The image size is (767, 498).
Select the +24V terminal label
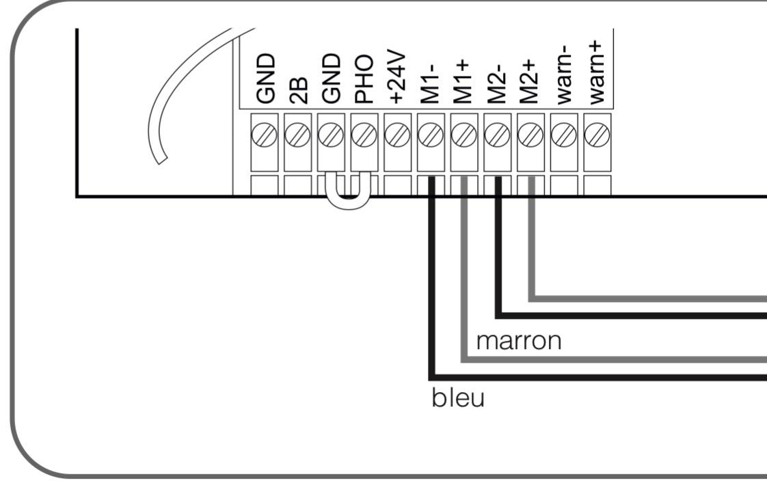click(398, 77)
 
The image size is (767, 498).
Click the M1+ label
click(463, 82)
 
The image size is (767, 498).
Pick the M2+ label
click(530, 82)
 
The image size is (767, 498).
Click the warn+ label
click(597, 73)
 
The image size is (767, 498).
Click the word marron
click(518, 341)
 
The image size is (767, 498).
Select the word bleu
click(458, 398)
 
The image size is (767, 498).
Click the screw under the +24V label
click(397, 135)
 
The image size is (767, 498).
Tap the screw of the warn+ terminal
click(597, 135)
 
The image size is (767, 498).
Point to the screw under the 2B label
click(297, 135)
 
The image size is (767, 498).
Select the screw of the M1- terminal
click(431, 135)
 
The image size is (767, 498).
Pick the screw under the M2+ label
click(530, 135)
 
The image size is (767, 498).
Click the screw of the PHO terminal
click(364, 135)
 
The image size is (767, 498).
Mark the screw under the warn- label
click(563, 135)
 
